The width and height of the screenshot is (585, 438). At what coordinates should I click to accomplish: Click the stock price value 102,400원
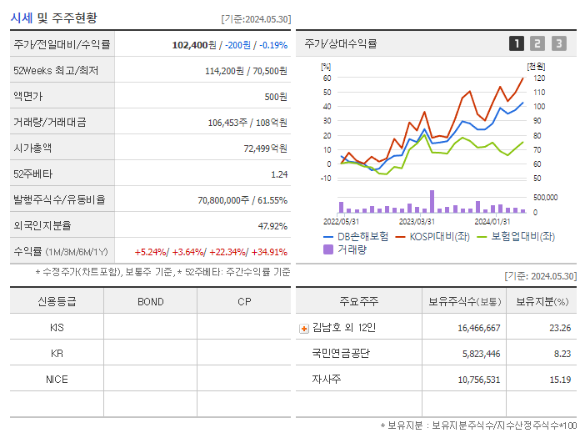(194, 45)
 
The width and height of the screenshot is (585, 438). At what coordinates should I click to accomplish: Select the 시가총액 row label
(32, 149)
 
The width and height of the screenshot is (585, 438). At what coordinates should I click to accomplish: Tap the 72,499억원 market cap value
(265, 149)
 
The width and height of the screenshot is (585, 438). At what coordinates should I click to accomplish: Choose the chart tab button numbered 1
(517, 43)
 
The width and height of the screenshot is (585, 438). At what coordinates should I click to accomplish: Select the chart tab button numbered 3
(558, 43)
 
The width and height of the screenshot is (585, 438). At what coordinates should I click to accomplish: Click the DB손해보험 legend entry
(356, 237)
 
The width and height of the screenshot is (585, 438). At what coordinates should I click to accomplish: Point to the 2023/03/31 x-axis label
(417, 222)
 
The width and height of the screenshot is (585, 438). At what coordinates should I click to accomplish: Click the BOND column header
(150, 301)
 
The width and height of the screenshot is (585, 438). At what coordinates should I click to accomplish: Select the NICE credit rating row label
(57, 380)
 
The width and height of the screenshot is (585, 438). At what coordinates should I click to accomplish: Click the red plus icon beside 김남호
(303, 329)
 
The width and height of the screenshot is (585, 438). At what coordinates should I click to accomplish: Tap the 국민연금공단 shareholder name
(342, 354)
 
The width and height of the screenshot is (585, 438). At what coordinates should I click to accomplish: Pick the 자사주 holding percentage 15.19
(560, 380)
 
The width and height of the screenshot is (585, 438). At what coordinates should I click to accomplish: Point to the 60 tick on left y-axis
(327, 78)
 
